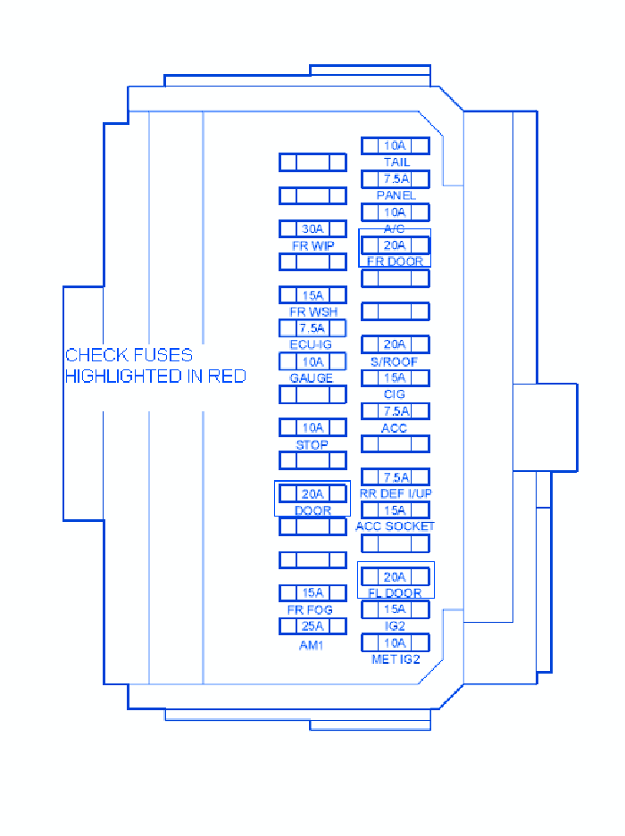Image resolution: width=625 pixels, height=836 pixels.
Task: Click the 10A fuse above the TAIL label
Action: (395, 145)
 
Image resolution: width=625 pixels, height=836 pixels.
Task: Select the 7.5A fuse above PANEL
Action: (395, 179)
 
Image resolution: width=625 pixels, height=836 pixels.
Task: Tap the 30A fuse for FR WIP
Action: (312, 229)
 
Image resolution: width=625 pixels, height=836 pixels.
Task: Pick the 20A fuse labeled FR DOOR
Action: (395, 245)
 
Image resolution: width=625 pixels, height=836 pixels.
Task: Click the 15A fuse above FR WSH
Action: (312, 295)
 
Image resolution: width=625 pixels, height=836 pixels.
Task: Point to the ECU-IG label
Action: (311, 345)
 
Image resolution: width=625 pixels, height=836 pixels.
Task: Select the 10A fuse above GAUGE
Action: (312, 361)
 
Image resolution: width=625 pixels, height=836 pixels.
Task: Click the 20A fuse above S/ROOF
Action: (395, 344)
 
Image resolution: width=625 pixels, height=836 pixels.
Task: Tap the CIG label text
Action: (395, 394)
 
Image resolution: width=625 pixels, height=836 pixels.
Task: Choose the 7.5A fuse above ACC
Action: (395, 411)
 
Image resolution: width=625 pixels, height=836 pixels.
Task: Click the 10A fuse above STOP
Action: (312, 427)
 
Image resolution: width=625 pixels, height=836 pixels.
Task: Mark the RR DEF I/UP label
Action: (396, 493)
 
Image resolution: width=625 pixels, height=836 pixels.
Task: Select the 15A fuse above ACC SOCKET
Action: (395, 510)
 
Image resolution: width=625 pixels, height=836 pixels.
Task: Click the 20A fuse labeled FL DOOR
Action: (395, 576)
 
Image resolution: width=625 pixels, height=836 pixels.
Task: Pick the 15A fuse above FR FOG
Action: (312, 592)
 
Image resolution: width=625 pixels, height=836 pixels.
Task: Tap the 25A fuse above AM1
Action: (312, 626)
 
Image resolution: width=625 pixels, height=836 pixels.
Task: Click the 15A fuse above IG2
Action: (395, 609)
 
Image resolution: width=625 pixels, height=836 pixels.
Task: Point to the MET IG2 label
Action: (396, 660)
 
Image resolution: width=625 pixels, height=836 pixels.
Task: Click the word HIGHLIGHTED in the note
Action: (122, 377)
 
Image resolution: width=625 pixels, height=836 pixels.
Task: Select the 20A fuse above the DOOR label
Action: (312, 493)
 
